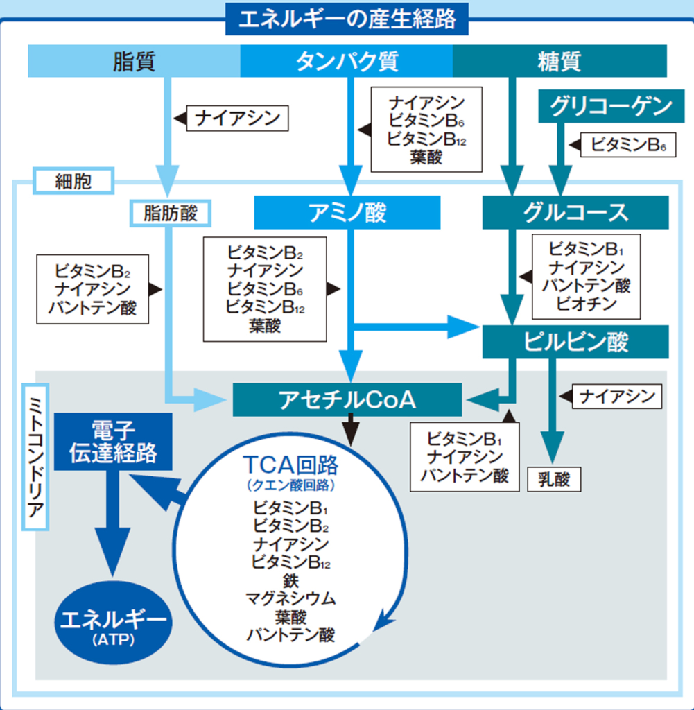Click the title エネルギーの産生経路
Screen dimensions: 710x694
[347, 19]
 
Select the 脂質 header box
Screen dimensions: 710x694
[134, 61]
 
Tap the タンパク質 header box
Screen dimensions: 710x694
[347, 61]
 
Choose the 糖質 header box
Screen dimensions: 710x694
[559, 61]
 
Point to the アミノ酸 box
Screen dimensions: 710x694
[347, 212]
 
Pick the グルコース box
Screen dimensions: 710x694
[575, 212]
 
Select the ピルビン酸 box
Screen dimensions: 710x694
[575, 342]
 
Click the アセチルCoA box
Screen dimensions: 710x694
[347, 399]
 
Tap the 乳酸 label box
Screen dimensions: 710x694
[553, 479]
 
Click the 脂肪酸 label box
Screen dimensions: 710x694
[170, 213]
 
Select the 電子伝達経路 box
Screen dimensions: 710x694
[113, 441]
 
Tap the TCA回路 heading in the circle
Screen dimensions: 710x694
[289, 463]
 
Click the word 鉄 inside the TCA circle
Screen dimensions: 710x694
[290, 580]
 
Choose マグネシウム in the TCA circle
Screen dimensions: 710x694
[290, 598]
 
